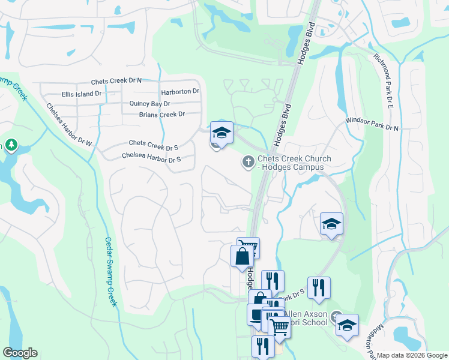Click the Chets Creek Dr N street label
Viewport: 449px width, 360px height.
116,81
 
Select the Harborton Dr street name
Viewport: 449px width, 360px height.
179,92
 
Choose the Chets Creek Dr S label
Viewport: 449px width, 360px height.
154,145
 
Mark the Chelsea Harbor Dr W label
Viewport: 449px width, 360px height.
70,125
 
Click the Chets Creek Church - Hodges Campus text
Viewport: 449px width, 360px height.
294,163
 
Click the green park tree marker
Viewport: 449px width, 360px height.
11,145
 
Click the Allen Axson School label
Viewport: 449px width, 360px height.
306,318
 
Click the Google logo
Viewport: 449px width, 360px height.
20,353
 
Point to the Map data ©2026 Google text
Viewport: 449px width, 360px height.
412,355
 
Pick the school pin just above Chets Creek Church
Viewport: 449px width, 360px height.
221,132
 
